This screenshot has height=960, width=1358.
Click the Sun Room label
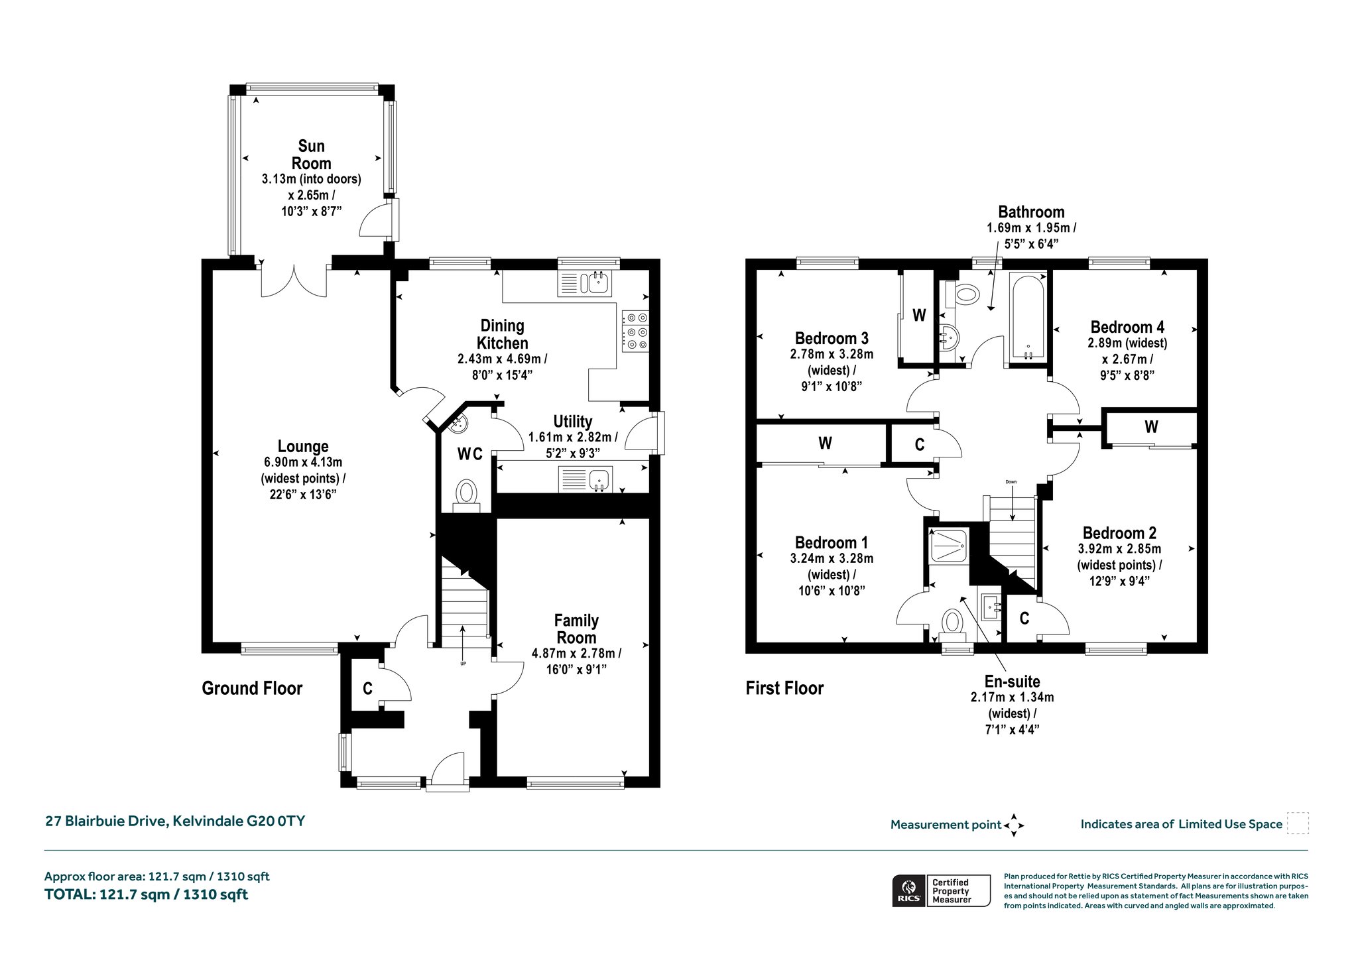click(311, 154)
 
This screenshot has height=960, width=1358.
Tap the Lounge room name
click(303, 446)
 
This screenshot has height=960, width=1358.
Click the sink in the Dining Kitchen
click(586, 283)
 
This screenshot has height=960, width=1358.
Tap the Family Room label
click(576, 629)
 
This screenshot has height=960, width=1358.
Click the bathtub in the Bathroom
click(1028, 316)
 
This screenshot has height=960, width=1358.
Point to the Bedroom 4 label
click(1127, 327)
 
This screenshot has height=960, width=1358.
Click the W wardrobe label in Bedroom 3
click(919, 315)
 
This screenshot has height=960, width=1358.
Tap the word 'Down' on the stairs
click(1011, 482)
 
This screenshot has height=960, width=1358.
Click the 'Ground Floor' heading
click(252, 688)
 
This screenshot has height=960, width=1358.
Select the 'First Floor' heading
click(784, 688)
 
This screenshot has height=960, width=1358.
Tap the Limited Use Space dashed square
click(1298, 823)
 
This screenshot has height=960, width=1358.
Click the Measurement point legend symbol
click(1014, 825)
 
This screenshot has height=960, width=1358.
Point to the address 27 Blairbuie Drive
click(106, 821)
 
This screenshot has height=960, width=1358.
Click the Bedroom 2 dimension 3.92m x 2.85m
click(1119, 549)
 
